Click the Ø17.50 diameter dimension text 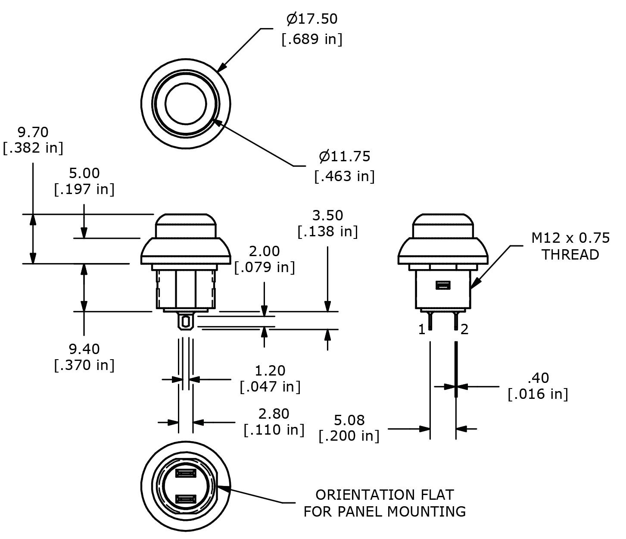(312, 19)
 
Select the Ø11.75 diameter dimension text (344, 156)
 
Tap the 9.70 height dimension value (33, 132)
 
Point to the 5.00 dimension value (84, 173)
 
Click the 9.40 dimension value (84, 348)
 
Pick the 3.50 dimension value (327, 215)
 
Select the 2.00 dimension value (264, 251)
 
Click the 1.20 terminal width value (270, 370)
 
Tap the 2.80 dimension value (274, 414)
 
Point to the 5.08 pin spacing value (349, 420)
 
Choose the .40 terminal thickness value (538, 378)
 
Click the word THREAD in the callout (570, 255)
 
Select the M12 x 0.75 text (570, 238)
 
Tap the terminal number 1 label (422, 330)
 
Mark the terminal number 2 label (464, 330)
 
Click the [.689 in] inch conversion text (312, 39)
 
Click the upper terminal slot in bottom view (186, 474)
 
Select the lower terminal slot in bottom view (186, 500)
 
